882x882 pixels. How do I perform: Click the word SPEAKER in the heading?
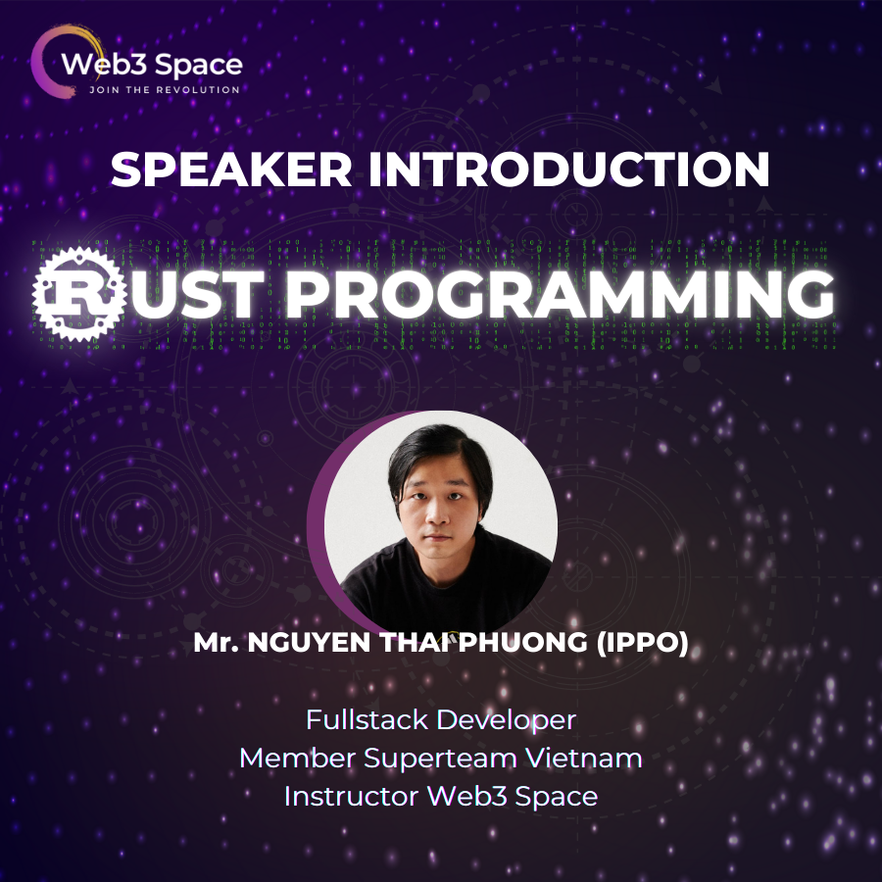pos(236,170)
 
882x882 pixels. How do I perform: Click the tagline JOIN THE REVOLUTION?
pos(164,90)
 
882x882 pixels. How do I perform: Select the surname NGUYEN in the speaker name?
pos(310,645)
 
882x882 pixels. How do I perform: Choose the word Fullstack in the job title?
pos(367,719)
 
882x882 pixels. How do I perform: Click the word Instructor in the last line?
pos(350,796)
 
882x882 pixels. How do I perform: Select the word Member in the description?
pos(297,758)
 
